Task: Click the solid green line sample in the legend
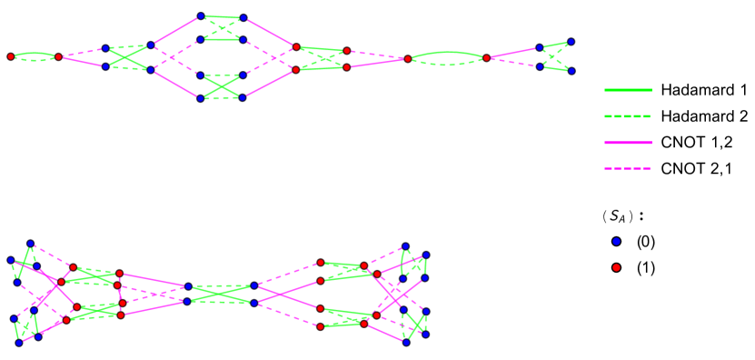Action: tap(628, 90)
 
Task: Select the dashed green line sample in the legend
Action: tap(628, 116)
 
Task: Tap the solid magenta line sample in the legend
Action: tap(628, 143)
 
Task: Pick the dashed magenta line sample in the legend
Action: tap(628, 168)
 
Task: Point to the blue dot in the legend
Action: tap(616, 242)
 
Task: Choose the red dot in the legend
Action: tap(616, 267)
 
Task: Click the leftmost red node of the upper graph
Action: tap(11, 56)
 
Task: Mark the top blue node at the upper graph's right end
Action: tap(571, 42)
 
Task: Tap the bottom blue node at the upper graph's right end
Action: tap(571, 71)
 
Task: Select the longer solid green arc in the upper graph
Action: tap(447, 52)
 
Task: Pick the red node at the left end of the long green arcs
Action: tap(408, 58)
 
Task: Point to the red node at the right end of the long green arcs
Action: tap(486, 58)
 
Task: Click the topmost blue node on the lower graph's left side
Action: tap(31, 244)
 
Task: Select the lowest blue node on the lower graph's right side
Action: tap(406, 342)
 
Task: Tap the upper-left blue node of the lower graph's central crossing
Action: tap(188, 286)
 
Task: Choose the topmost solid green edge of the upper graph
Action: tap(222, 16)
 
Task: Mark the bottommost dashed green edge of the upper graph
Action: tap(222, 98)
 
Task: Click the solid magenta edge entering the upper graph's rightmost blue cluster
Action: tap(513, 52)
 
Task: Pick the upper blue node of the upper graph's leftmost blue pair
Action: tap(106, 48)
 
